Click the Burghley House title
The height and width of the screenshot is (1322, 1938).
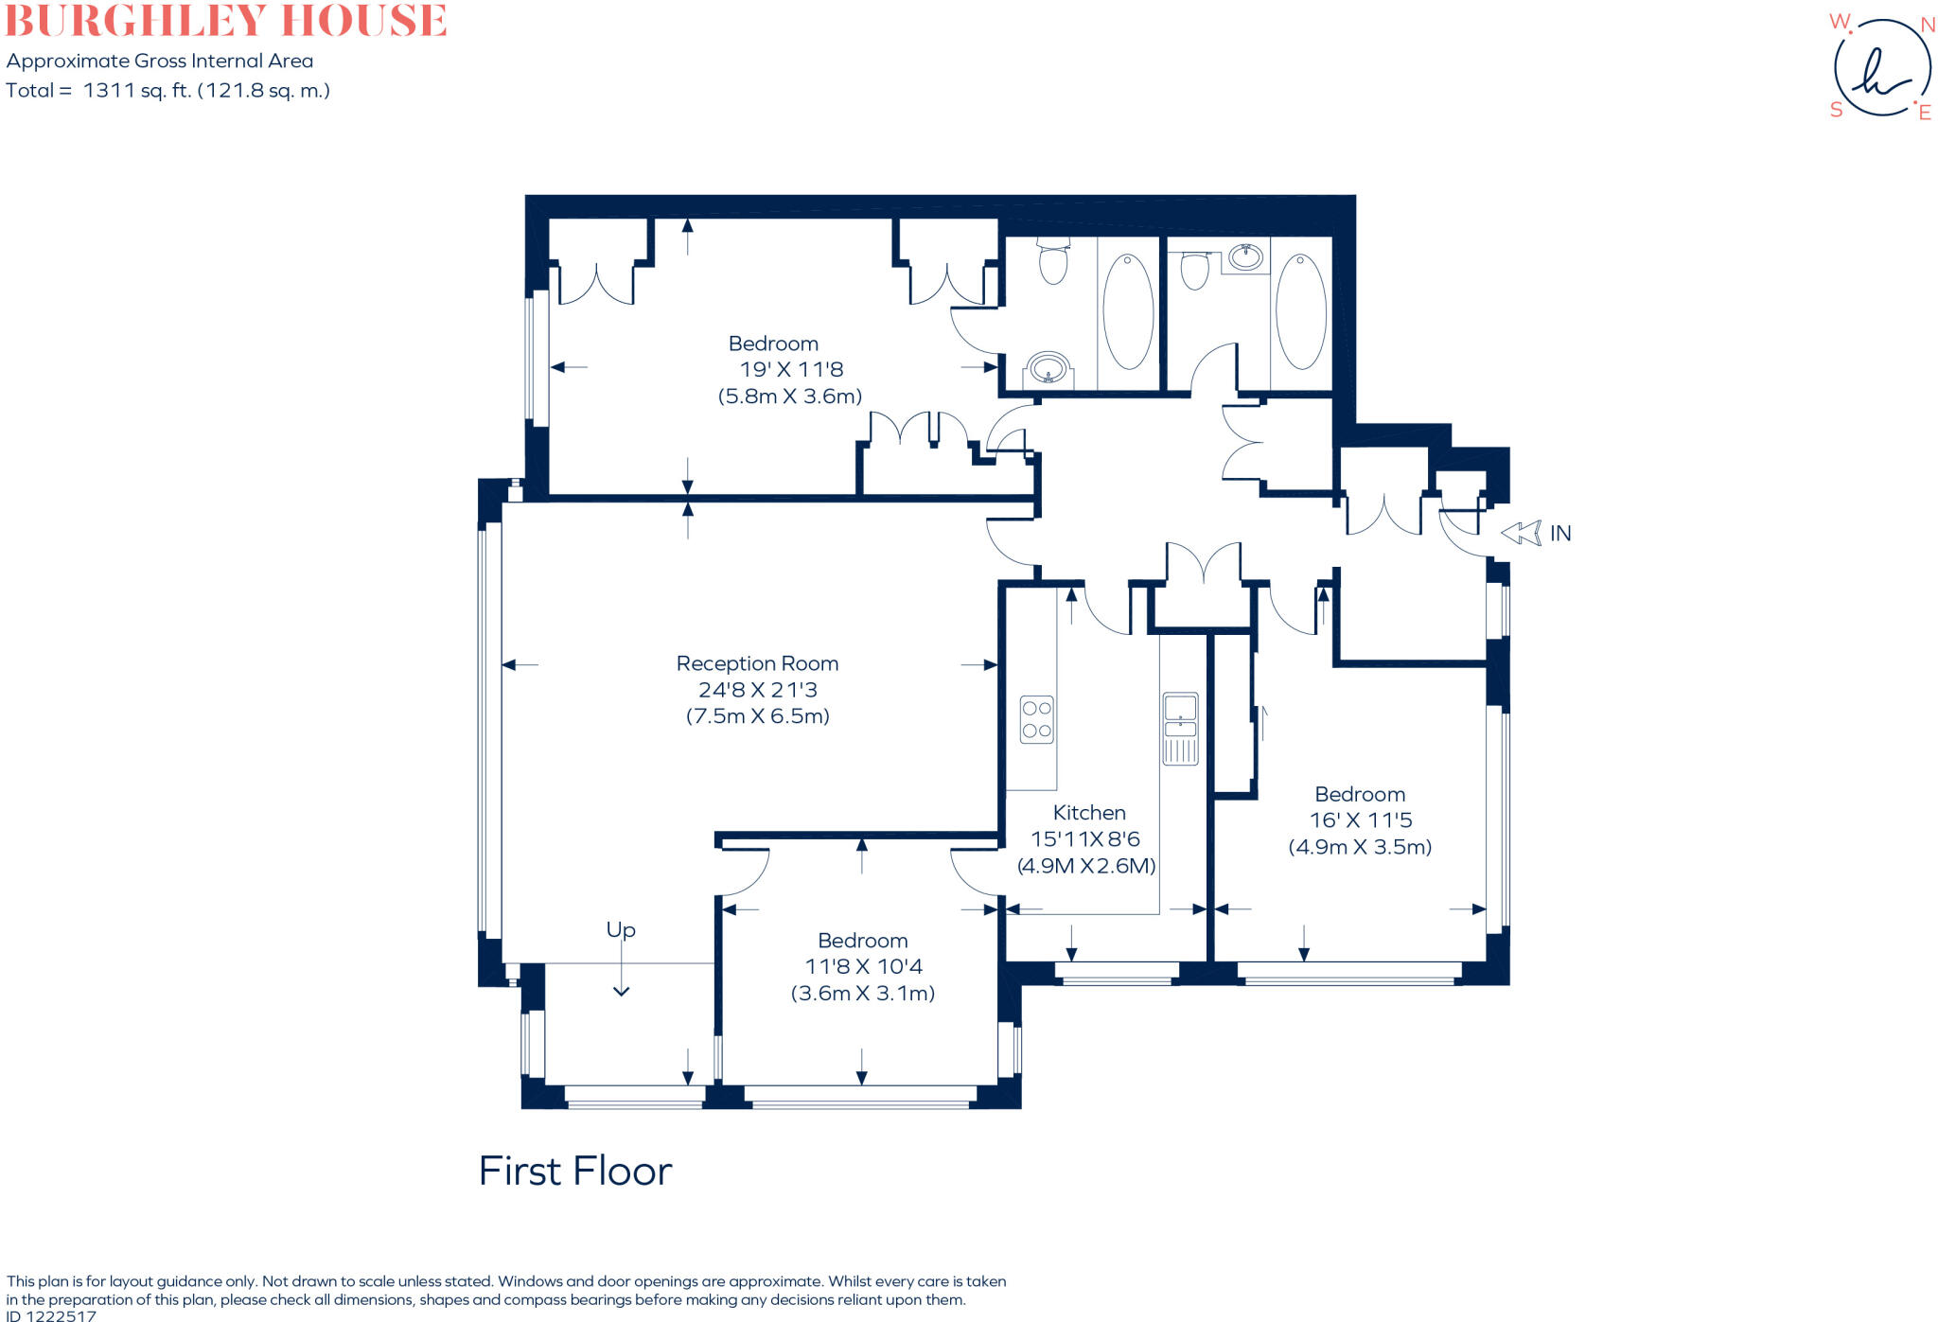pyautogui.click(x=225, y=21)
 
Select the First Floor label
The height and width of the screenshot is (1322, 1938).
pyautogui.click(x=574, y=1172)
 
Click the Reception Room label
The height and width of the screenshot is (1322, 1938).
pyautogui.click(x=757, y=663)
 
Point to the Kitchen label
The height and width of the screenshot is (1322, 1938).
pyautogui.click(x=1089, y=813)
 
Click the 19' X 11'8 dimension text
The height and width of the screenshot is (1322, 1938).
pyautogui.click(x=791, y=370)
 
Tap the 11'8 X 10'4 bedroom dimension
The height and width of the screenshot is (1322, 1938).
pyautogui.click(x=863, y=967)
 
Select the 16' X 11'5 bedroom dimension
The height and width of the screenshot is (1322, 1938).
pyautogui.click(x=1360, y=820)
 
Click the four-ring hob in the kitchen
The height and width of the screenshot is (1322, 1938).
pyautogui.click(x=1037, y=719)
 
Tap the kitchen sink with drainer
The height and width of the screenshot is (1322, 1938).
pyautogui.click(x=1180, y=728)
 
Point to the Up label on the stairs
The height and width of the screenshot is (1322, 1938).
pyautogui.click(x=621, y=930)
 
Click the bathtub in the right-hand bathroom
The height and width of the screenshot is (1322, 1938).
pyautogui.click(x=1301, y=311)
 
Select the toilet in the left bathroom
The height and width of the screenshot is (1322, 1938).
pyautogui.click(x=1053, y=260)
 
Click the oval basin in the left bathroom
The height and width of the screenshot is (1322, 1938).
pyautogui.click(x=1048, y=367)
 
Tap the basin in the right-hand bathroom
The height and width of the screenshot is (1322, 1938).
pyautogui.click(x=1245, y=256)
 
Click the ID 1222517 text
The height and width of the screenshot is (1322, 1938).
pyautogui.click(x=51, y=1315)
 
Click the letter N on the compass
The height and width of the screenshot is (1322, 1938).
pyautogui.click(x=1927, y=26)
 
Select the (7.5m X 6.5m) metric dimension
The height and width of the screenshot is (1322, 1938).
pyautogui.click(x=757, y=716)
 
